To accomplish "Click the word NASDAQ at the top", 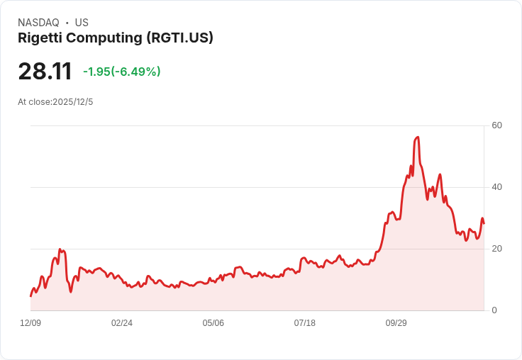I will point(38,23).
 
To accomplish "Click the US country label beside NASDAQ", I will point(82,23).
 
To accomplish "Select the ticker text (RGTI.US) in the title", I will point(180,38).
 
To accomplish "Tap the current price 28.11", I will point(45,72).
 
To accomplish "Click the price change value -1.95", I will point(96,72).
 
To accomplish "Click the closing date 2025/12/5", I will point(72,102).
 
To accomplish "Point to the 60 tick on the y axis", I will point(497,125).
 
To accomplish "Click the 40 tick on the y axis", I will point(497,187).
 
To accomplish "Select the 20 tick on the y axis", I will point(497,249).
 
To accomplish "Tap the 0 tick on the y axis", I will point(495,310).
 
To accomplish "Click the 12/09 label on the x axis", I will point(30,323).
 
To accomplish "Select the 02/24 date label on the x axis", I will point(122,323).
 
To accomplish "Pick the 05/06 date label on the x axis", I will point(213,323).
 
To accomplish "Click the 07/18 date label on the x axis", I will point(304,323).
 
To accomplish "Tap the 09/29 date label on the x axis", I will point(396,323).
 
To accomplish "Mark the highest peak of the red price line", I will point(418,137).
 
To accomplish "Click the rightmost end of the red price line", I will point(484,223).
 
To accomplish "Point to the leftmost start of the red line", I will point(30,296).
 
